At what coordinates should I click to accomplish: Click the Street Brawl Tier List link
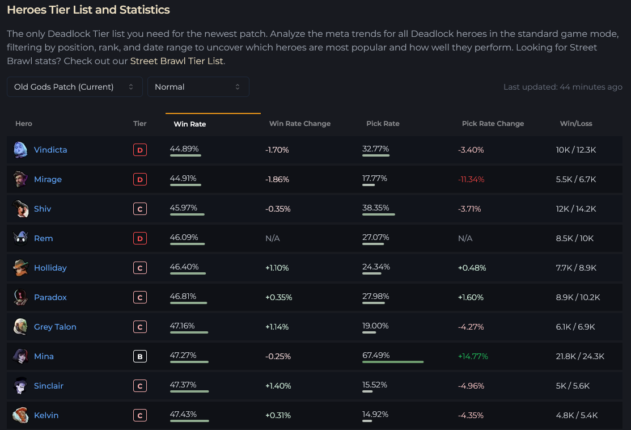[x=177, y=61]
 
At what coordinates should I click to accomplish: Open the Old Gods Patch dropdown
[x=74, y=87]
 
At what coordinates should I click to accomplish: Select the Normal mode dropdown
[x=198, y=87]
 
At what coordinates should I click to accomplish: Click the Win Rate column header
[x=190, y=124]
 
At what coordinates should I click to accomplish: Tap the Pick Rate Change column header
[x=493, y=124]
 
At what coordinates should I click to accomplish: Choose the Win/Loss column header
[x=575, y=124]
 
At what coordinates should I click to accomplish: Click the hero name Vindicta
[x=50, y=150]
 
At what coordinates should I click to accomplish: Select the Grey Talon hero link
[x=55, y=327]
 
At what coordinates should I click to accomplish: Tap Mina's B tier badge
[x=139, y=356]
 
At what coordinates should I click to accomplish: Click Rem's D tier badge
[x=139, y=238]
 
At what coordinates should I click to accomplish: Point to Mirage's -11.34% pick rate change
[x=471, y=179]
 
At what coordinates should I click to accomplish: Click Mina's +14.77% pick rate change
[x=473, y=356]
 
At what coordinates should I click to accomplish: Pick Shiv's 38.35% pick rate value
[x=376, y=208]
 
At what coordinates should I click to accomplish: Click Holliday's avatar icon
[x=20, y=268]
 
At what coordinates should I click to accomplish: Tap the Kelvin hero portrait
[x=20, y=415]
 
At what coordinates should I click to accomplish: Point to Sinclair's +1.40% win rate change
[x=278, y=386]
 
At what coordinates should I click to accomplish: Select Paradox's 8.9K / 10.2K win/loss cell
[x=578, y=297]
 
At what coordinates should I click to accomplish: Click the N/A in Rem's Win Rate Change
[x=273, y=238]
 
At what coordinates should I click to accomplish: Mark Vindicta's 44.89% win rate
[x=184, y=149]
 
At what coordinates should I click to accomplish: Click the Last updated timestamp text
[x=562, y=87]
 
